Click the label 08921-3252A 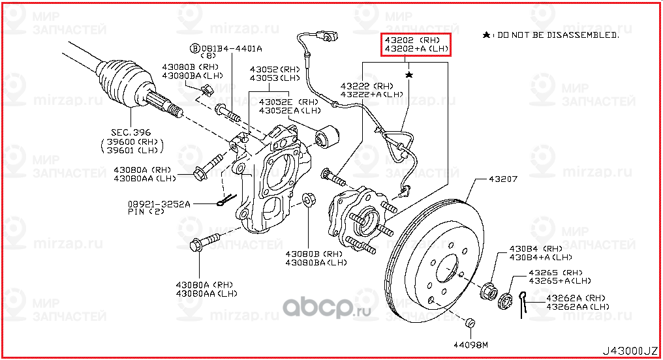coord(159,204)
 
